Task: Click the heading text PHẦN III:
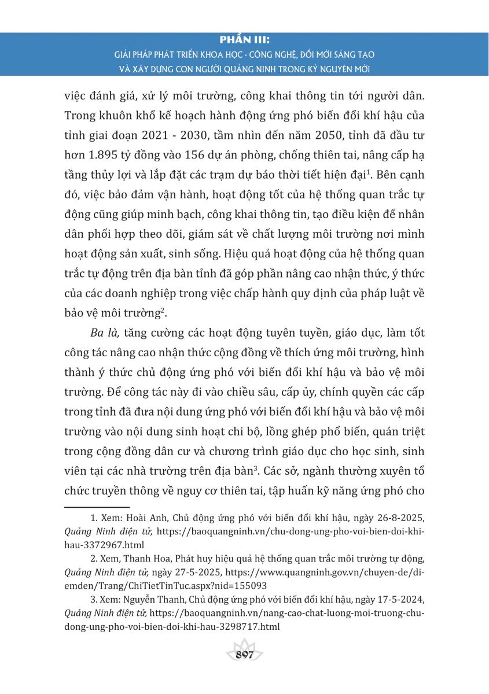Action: click(245, 40)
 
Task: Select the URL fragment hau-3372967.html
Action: click(97, 545)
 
